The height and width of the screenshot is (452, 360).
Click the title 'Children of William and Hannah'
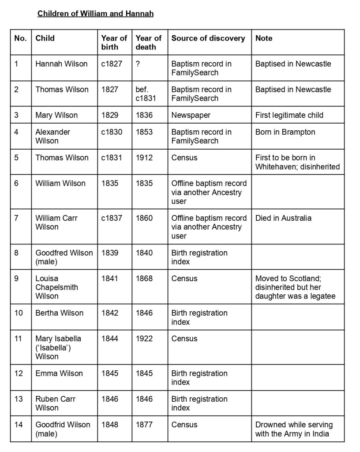pos(95,14)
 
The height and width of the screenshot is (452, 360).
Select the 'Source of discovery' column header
pos(208,38)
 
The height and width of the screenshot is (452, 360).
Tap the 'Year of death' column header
pos(148,42)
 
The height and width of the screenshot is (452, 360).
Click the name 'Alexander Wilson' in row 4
pos(53,136)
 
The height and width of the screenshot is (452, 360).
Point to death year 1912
pos(144,158)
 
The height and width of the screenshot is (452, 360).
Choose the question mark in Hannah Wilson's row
pos(138,64)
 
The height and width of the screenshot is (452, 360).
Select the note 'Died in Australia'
pos(283,218)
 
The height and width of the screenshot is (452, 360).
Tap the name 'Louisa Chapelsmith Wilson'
pos(56,287)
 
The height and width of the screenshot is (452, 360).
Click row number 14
pos(19,425)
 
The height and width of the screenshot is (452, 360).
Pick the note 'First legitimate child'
pos(289,115)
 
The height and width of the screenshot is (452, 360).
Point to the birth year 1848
pos(110,425)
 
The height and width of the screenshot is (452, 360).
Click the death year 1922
pos(144,339)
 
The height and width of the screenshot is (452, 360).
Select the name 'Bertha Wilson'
pos(59,313)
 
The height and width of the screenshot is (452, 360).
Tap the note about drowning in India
pos(294,429)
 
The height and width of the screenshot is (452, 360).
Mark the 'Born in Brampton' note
pos(285,132)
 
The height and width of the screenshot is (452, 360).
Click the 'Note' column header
pos(264,38)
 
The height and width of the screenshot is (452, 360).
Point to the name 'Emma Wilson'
pos(59,373)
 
